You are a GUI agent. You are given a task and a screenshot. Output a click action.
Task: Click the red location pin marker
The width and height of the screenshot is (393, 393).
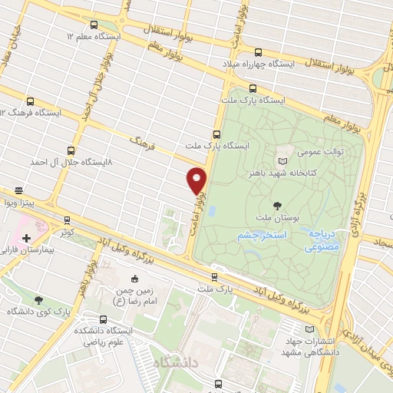(197, 180)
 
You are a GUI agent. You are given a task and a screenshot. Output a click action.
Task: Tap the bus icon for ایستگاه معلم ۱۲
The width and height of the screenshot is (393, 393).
(94, 25)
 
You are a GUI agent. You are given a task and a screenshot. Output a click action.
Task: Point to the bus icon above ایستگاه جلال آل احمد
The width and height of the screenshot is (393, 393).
(71, 150)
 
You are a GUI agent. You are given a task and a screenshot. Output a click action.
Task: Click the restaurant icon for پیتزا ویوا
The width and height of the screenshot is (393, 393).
(18, 190)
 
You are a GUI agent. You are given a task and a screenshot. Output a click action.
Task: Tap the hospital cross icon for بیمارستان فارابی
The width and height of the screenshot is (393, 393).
(25, 239)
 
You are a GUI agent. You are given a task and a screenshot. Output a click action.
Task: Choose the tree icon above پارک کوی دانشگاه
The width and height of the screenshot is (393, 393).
(39, 299)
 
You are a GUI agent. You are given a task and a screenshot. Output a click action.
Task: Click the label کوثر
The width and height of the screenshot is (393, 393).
(64, 230)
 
